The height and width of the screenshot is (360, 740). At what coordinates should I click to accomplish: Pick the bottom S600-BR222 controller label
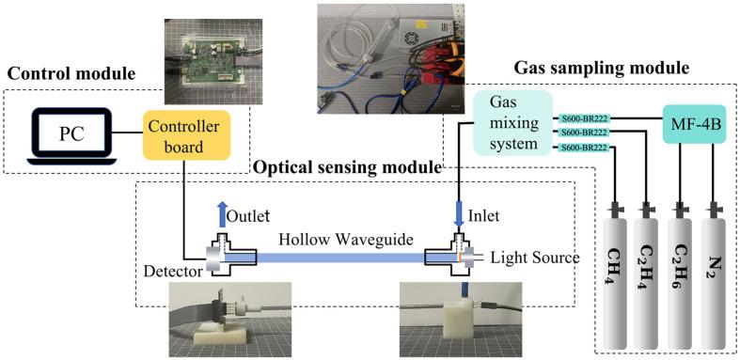583,149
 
